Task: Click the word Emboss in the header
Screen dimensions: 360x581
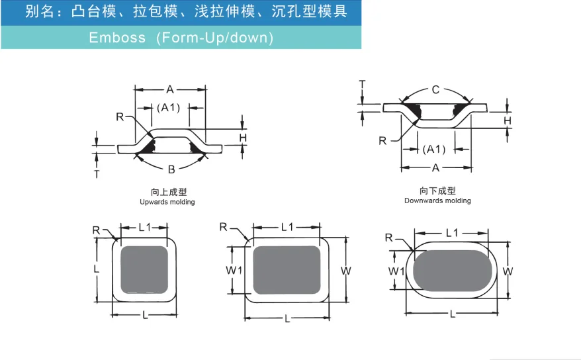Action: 117,38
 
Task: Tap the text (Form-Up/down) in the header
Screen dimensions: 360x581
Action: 214,38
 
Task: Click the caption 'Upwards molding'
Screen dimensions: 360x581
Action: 167,202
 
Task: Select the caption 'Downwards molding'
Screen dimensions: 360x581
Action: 437,201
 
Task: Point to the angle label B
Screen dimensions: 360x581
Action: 171,169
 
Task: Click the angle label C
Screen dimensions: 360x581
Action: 435,90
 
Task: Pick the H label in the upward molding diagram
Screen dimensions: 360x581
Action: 243,138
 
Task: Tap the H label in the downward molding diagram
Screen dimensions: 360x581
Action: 508,120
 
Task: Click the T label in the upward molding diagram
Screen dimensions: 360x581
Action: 97,174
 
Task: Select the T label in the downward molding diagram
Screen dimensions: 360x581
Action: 362,84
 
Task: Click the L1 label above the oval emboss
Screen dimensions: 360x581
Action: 452,233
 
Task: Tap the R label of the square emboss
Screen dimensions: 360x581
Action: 97,230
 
